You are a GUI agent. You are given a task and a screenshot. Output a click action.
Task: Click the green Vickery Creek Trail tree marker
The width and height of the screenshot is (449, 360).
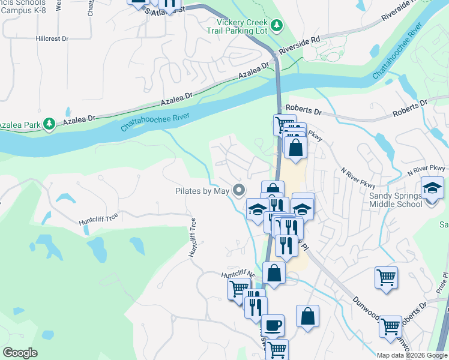[276, 25]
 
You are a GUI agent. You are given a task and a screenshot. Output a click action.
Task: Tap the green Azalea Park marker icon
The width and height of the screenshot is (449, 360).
[50, 124]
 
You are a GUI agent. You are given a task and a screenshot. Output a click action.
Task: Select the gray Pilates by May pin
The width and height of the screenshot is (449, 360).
[240, 191]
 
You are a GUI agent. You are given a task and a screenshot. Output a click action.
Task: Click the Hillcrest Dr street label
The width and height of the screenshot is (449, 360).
[52, 38]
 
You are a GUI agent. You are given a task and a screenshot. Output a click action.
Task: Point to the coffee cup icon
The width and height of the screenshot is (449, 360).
[273, 325]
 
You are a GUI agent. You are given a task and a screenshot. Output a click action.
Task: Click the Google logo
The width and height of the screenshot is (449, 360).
[20, 353]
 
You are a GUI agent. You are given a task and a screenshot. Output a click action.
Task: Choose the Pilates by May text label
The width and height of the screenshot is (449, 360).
[202, 191]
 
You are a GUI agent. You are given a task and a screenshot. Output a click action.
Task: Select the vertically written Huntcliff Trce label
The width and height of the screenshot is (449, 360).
[193, 238]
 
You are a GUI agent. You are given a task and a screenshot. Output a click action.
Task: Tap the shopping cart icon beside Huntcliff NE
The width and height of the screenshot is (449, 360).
[239, 289]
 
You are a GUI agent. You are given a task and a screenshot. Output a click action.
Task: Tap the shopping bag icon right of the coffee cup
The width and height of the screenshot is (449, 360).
[307, 317]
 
